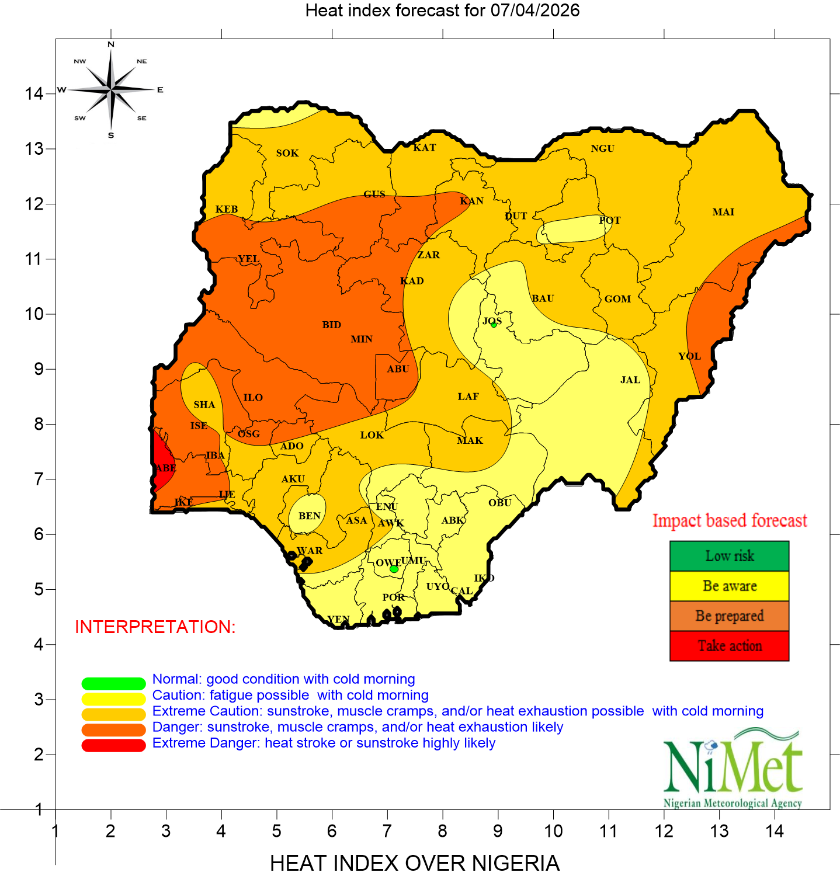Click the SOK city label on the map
(x=287, y=153)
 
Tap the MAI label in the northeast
(x=723, y=212)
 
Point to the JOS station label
(x=492, y=321)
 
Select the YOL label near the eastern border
(x=689, y=356)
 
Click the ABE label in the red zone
(x=165, y=468)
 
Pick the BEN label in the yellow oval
(x=309, y=516)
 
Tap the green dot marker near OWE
(x=394, y=569)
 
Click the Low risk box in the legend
(x=729, y=556)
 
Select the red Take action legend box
(x=729, y=646)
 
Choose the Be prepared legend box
(x=729, y=616)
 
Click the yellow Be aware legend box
(x=729, y=586)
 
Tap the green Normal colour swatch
(x=113, y=683)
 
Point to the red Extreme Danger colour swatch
(x=113, y=746)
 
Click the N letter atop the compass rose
(x=111, y=44)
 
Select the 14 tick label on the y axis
(x=34, y=93)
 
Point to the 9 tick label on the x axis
(x=498, y=831)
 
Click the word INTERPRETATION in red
(x=155, y=627)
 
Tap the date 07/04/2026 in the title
(x=534, y=11)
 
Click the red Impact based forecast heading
(x=729, y=520)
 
